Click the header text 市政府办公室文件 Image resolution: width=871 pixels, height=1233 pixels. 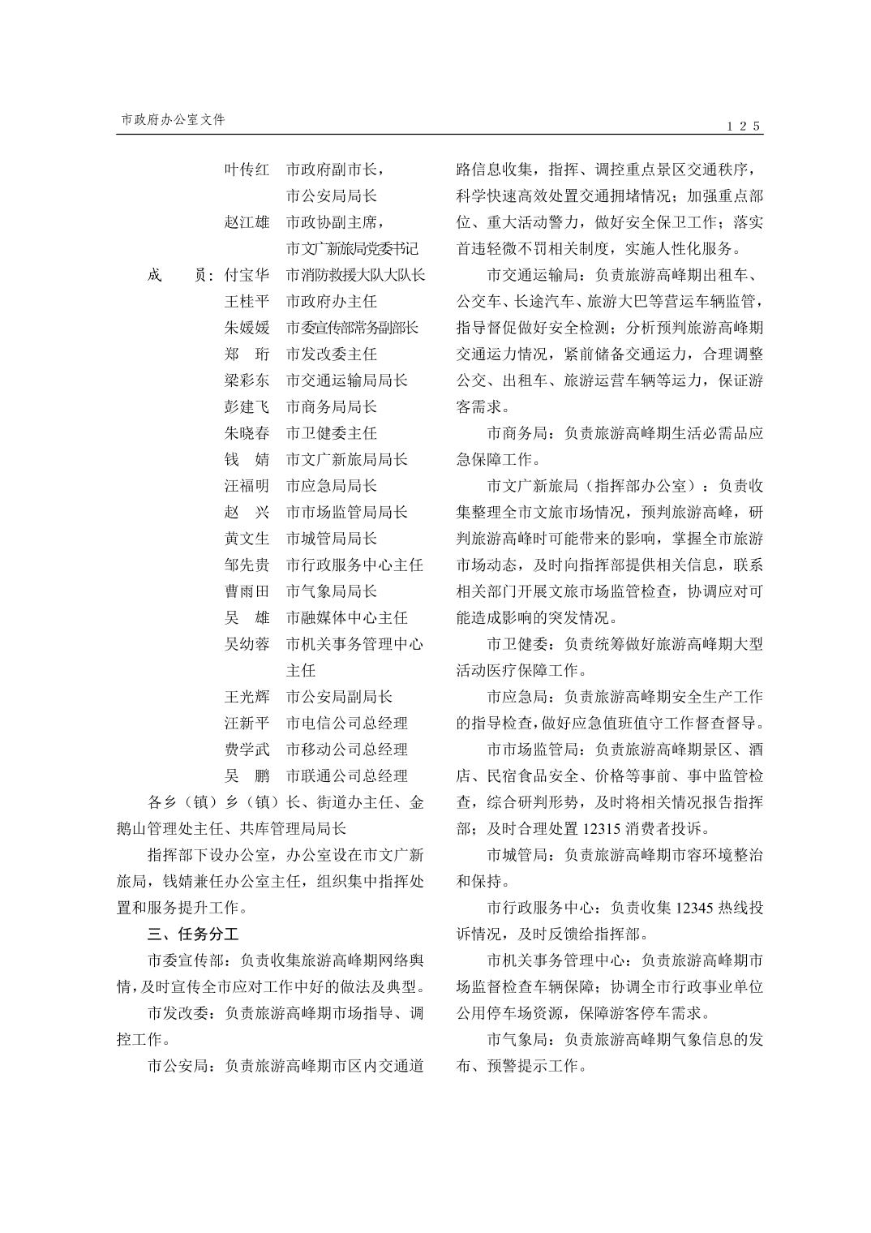[173, 119]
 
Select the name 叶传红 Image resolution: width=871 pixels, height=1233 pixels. [247, 170]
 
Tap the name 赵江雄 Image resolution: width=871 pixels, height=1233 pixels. [247, 222]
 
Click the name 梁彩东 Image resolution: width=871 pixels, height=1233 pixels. [247, 380]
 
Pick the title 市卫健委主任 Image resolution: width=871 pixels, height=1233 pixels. [332, 433]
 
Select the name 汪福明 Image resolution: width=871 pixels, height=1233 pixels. [247, 486]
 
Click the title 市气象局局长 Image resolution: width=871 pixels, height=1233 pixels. [332, 591]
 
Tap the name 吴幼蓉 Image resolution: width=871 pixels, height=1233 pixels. [247, 644]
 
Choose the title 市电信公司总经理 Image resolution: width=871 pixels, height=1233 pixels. [347, 723]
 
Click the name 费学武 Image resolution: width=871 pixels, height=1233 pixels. [247, 750]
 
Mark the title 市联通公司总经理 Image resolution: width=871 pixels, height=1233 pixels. [347, 775]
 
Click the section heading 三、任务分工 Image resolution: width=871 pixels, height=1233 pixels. [193, 934]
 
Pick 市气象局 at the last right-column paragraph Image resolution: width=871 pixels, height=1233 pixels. [518, 1039]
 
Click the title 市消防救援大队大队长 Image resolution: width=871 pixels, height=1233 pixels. [355, 275]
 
